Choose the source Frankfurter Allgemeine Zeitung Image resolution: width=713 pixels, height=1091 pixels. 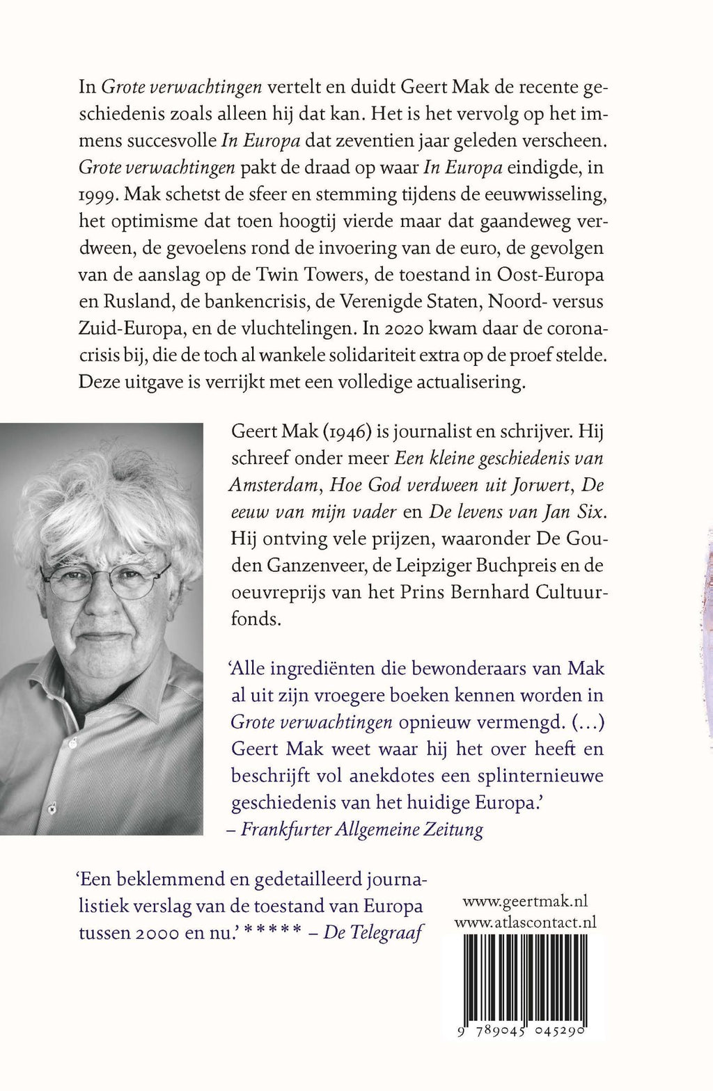pyautogui.click(x=362, y=829)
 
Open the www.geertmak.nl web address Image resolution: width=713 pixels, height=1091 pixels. pyautogui.click(x=525, y=902)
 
